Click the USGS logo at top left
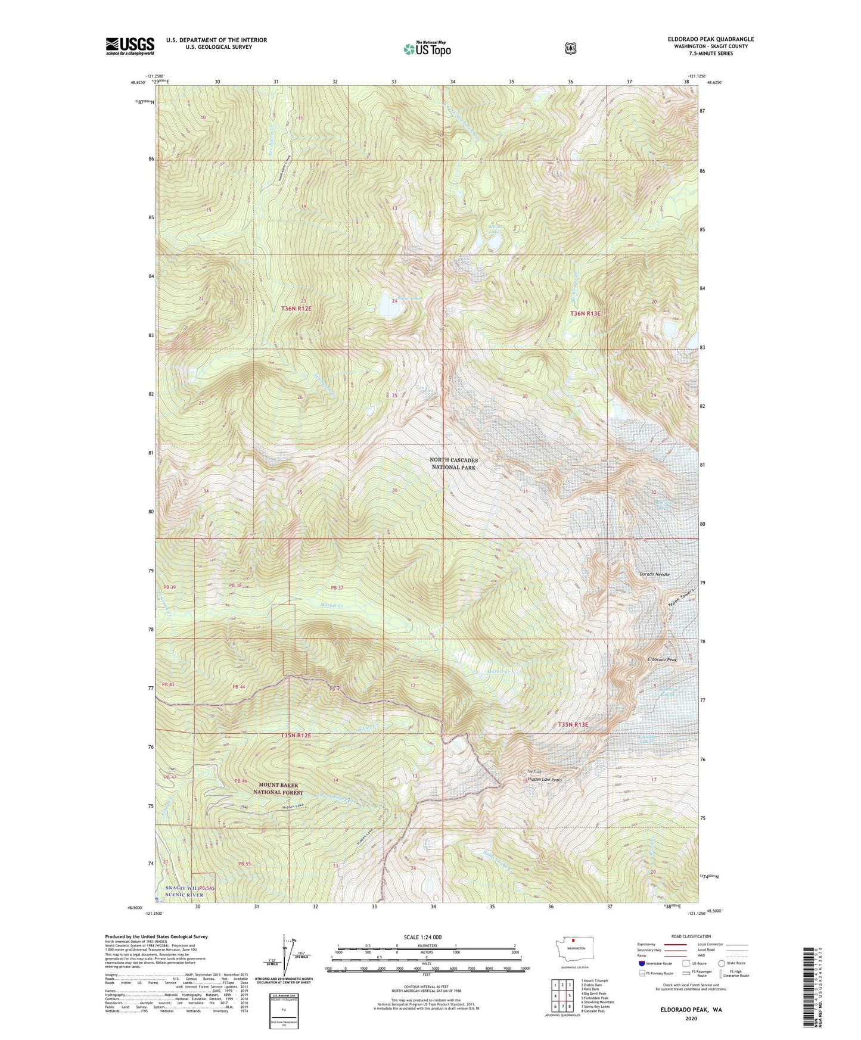pyautogui.click(x=130, y=46)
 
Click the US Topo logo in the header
pyautogui.click(x=426, y=49)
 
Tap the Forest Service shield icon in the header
pyautogui.click(x=570, y=48)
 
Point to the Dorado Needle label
pyautogui.click(x=655, y=574)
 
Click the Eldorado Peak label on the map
pyautogui.click(x=663, y=660)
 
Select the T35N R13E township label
pyautogui.click(x=573, y=724)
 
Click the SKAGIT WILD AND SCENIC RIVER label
pyautogui.click(x=185, y=891)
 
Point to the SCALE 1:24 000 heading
pyautogui.click(x=422, y=937)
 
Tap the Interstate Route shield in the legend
pyautogui.click(x=641, y=963)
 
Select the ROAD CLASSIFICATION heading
pyautogui.click(x=691, y=936)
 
